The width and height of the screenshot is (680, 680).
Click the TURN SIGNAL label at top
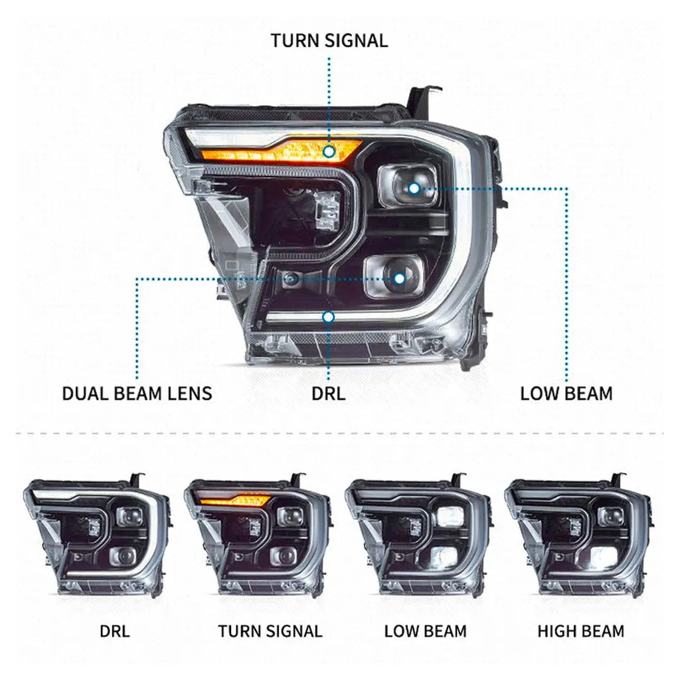[x=329, y=41]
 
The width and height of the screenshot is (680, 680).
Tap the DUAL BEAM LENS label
[x=137, y=392]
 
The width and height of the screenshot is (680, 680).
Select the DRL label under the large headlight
[x=328, y=392]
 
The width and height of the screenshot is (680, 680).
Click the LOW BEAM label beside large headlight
[x=566, y=392]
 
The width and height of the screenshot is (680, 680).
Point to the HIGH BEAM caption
[x=580, y=631]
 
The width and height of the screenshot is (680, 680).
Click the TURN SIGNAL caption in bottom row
[x=270, y=631]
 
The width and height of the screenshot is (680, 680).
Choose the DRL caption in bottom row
[x=115, y=631]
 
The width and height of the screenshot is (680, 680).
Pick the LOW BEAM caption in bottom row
[x=425, y=631]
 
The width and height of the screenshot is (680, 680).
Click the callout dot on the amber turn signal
[x=329, y=151]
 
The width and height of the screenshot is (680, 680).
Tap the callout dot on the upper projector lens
[x=414, y=189]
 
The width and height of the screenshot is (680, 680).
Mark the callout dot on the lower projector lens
[x=399, y=278]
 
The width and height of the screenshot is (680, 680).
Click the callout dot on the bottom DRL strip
[x=327, y=317]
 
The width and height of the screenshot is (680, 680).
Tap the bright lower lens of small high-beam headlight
[x=604, y=556]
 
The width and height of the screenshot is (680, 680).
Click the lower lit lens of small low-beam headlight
[x=443, y=556]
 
